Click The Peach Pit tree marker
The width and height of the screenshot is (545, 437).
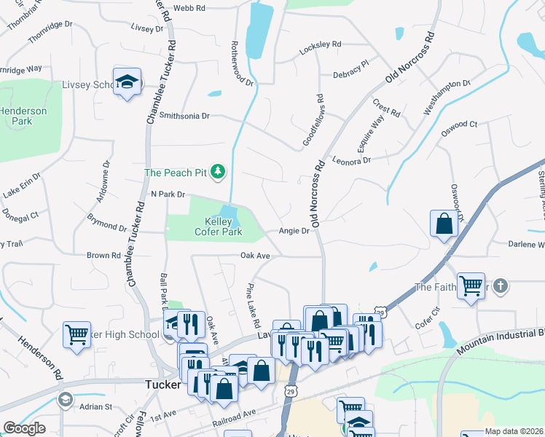pos(217,173)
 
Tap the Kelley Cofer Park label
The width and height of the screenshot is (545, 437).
pos(213,227)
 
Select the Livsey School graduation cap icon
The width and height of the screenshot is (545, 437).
pos(127,82)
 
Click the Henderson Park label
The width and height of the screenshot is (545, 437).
pos(23,116)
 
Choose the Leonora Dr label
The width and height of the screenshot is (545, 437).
pos(351,160)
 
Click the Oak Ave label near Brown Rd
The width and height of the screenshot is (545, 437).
pos(256,256)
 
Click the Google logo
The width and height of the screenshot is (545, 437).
pos(24,428)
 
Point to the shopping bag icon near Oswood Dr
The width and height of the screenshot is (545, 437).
pos(444,225)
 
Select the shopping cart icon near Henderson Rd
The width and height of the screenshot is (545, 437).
pos(77,335)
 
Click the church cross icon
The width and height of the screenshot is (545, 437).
pos(500,286)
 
